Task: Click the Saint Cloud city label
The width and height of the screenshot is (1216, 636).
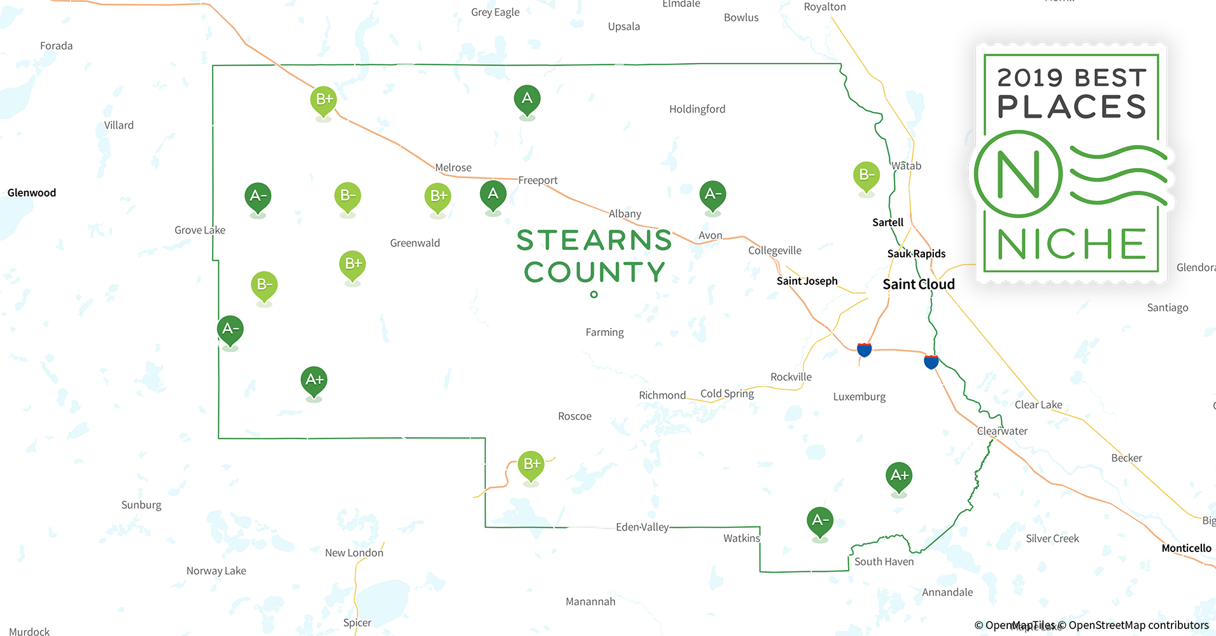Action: pyautogui.click(x=918, y=284)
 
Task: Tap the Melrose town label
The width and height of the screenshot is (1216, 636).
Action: pyautogui.click(x=453, y=167)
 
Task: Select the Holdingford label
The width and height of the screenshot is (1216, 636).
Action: pyautogui.click(x=697, y=109)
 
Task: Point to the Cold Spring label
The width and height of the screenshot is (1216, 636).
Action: pyautogui.click(x=727, y=394)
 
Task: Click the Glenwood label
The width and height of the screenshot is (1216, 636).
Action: pyautogui.click(x=32, y=193)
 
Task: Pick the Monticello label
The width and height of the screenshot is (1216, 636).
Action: pyautogui.click(x=1186, y=548)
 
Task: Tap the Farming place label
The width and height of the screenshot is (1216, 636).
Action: pyautogui.click(x=604, y=332)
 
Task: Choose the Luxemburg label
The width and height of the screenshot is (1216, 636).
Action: pyautogui.click(x=859, y=397)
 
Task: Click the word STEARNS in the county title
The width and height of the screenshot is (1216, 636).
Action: pyautogui.click(x=594, y=240)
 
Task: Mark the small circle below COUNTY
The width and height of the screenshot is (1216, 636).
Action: pyautogui.click(x=594, y=294)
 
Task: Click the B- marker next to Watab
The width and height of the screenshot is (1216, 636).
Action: pyautogui.click(x=866, y=175)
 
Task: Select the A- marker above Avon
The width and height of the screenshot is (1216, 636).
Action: pyautogui.click(x=712, y=194)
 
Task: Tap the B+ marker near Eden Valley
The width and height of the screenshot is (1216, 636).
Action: pyautogui.click(x=531, y=464)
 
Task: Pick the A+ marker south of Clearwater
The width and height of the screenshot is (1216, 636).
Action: pyautogui.click(x=898, y=476)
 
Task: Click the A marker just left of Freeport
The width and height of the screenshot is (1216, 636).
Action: pyautogui.click(x=493, y=194)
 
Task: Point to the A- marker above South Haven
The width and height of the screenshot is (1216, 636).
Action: pyautogui.click(x=820, y=520)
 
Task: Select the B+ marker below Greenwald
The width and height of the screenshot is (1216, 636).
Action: pyautogui.click(x=353, y=264)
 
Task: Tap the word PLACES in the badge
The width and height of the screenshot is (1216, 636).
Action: pyautogui.click(x=1071, y=106)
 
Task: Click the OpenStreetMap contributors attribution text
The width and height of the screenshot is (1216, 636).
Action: pyautogui.click(x=1138, y=625)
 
